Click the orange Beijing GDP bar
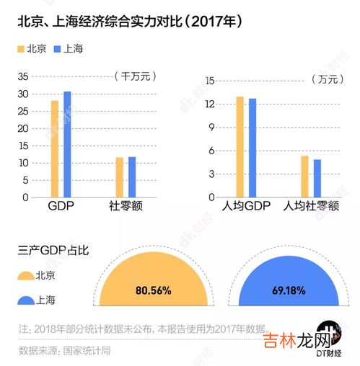(54, 148)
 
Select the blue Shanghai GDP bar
(67, 144)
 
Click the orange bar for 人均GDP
(240, 147)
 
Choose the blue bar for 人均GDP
(253, 148)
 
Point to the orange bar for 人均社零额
(304, 176)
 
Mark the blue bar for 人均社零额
(317, 178)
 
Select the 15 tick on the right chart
(210, 81)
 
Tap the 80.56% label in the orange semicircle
(153, 291)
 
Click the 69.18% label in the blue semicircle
(287, 291)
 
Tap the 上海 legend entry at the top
(69, 49)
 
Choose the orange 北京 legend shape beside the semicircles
(27, 275)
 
